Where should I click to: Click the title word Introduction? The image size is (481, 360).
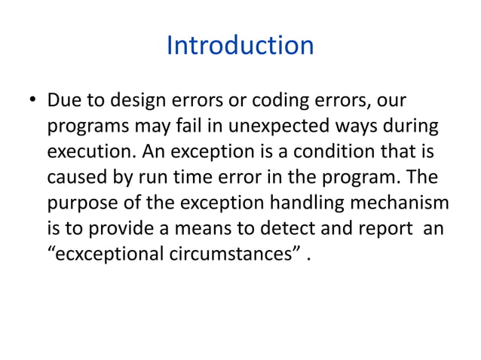tap(240, 46)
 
